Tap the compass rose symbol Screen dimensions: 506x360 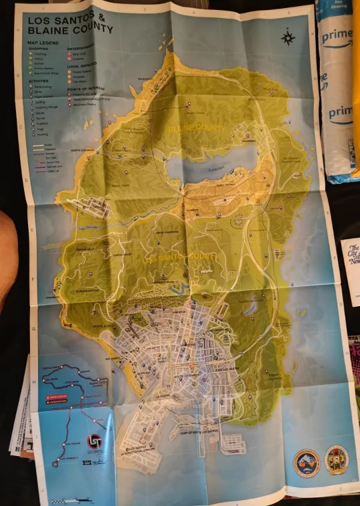click(x=288, y=38)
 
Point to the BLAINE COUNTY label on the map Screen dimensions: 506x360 click(x=197, y=128)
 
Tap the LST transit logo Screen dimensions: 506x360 click(x=94, y=441)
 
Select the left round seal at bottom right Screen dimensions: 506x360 click(x=307, y=461)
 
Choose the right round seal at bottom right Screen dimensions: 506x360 click(x=336, y=460)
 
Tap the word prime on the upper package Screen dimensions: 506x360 click(x=337, y=38)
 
